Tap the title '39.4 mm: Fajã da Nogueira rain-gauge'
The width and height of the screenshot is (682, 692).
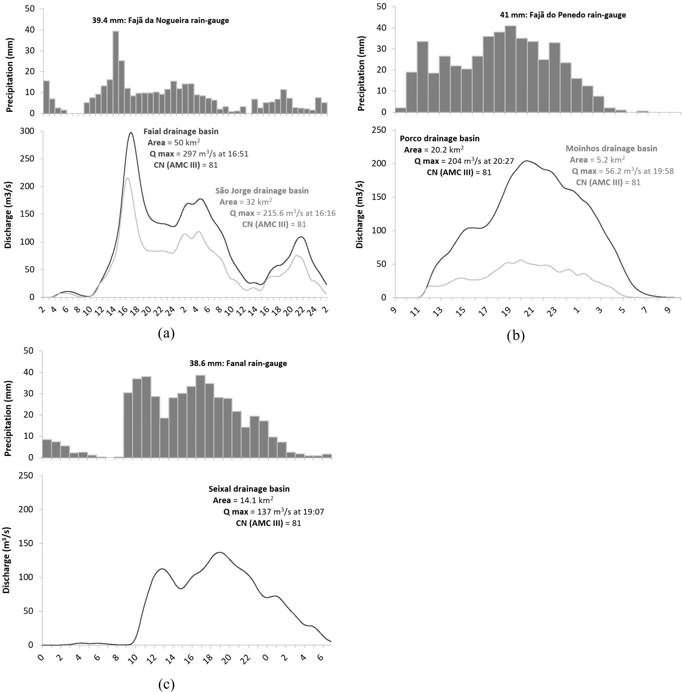point(161,20)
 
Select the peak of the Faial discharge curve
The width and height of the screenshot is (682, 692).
point(131,133)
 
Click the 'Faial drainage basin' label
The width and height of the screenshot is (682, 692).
point(181,131)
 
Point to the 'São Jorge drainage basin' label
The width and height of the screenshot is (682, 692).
point(262,191)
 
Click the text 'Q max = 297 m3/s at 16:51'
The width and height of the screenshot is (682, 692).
point(199,154)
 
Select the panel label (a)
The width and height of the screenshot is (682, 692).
point(166,333)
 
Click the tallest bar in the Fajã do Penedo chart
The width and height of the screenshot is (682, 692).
point(510,69)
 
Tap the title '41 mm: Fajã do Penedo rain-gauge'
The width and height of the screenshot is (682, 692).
point(563,15)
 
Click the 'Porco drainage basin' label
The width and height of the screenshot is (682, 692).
point(439,138)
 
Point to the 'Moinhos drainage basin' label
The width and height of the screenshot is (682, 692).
point(611,149)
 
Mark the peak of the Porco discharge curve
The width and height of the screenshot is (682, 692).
point(527,161)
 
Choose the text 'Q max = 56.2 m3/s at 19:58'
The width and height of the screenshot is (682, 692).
point(623,171)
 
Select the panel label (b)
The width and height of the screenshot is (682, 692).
point(515,336)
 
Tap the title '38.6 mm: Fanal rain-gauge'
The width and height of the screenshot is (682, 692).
point(238,363)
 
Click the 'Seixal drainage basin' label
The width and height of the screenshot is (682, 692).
point(249,489)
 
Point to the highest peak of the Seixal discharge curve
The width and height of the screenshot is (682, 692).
point(219,552)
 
